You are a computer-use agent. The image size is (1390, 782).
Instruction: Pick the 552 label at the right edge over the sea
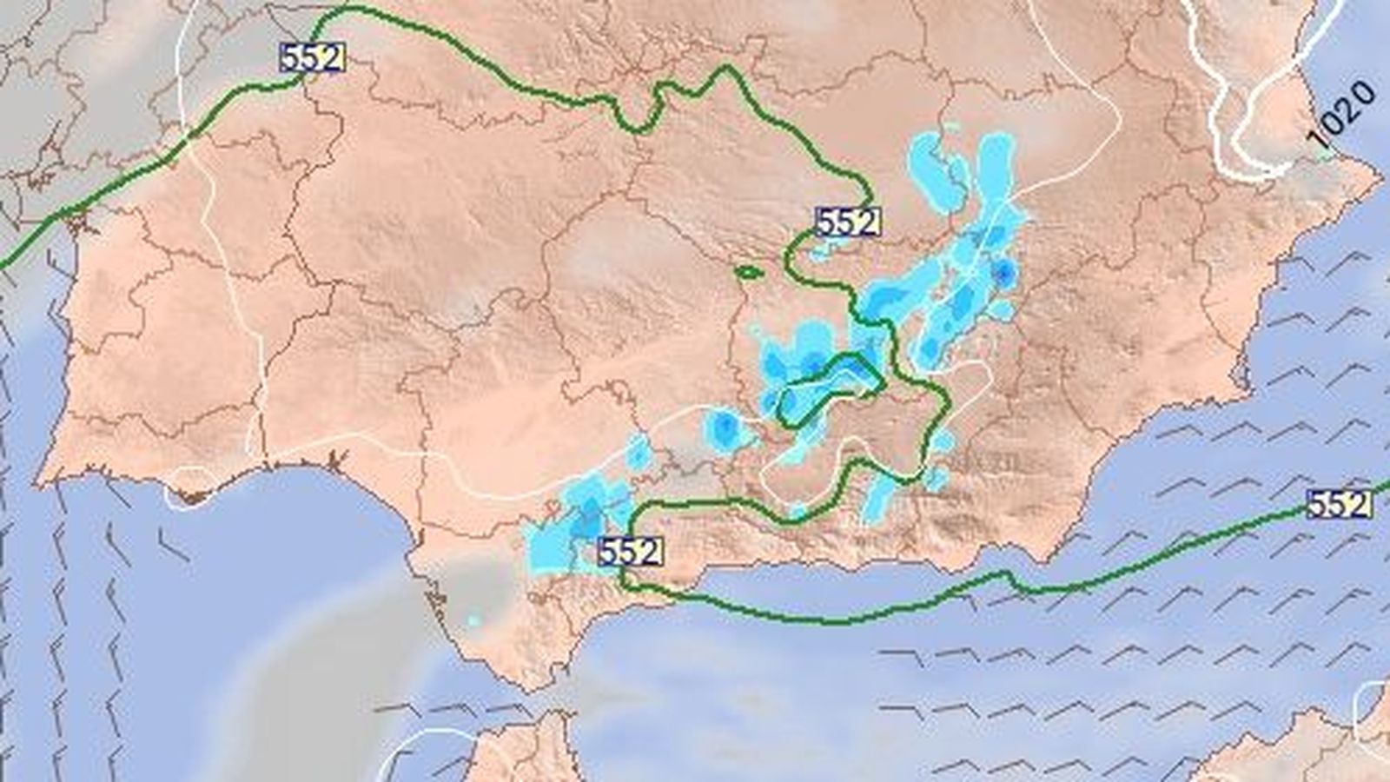point(1339,504)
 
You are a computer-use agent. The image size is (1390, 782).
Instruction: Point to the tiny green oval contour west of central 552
point(749,272)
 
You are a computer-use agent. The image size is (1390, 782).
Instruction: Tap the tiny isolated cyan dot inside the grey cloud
point(473,620)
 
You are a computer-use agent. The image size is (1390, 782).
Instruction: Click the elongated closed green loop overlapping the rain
point(830,387)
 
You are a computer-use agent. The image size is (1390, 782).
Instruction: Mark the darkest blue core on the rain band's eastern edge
point(1005,274)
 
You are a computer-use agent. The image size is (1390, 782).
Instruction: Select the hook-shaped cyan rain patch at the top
point(934,169)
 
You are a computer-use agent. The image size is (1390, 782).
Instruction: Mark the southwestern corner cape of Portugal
point(41,480)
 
